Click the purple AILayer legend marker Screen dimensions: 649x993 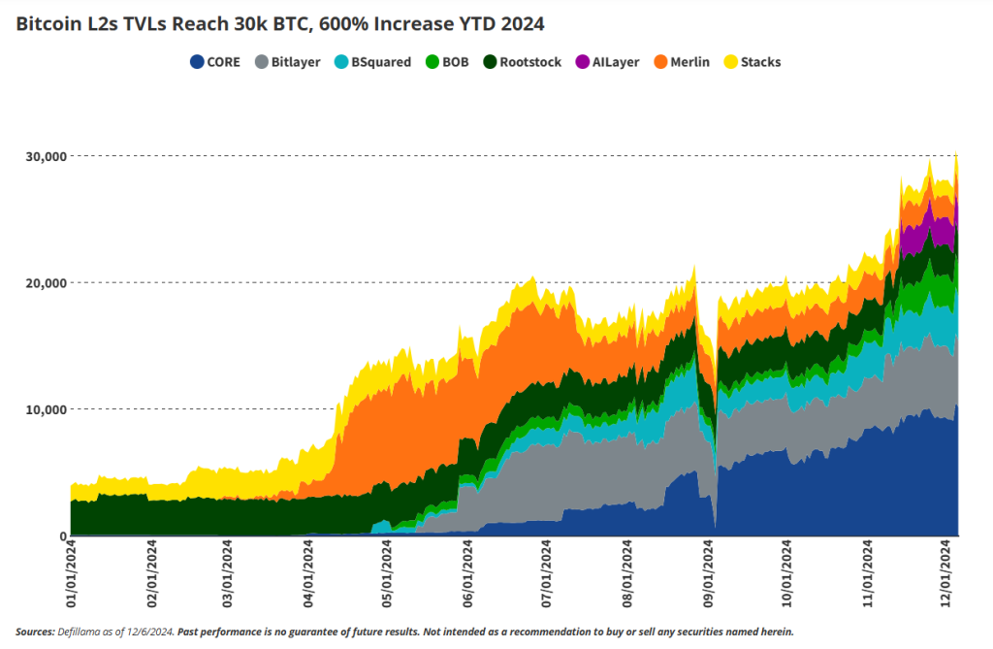(584, 62)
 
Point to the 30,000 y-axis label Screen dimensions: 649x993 (43, 156)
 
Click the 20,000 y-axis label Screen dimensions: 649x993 (43, 282)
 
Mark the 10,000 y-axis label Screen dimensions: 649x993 (43, 409)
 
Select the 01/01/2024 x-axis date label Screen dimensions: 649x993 (72, 574)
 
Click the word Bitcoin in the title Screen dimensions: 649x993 (48, 23)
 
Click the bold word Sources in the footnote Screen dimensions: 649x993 (35, 632)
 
